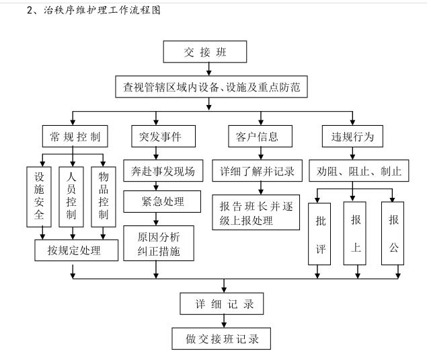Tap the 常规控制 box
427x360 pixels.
[x=74, y=137]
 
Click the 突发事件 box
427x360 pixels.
[x=156, y=137]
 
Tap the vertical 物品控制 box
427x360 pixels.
[x=103, y=195]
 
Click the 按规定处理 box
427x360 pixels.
[x=73, y=251]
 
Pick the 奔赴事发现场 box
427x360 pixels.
[x=162, y=171]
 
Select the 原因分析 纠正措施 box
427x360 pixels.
[x=159, y=244]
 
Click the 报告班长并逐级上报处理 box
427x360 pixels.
[x=256, y=212]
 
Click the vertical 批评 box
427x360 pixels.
[x=321, y=233]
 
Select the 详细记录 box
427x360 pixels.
[x=221, y=304]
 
